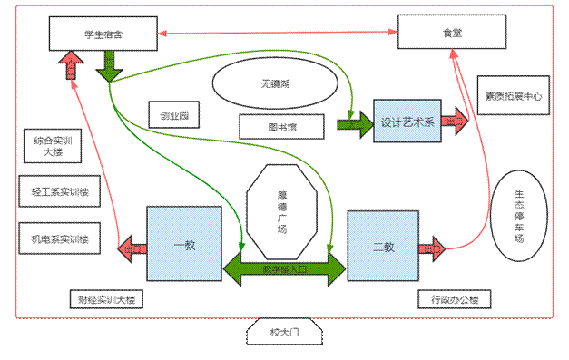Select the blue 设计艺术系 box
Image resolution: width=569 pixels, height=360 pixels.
407,122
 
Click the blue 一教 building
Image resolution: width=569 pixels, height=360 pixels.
184,245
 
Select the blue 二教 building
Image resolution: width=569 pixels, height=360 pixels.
382,246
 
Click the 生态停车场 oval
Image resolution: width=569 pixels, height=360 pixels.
519,215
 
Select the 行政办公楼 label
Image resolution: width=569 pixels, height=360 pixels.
454,299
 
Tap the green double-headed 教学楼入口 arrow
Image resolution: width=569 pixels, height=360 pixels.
285,268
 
